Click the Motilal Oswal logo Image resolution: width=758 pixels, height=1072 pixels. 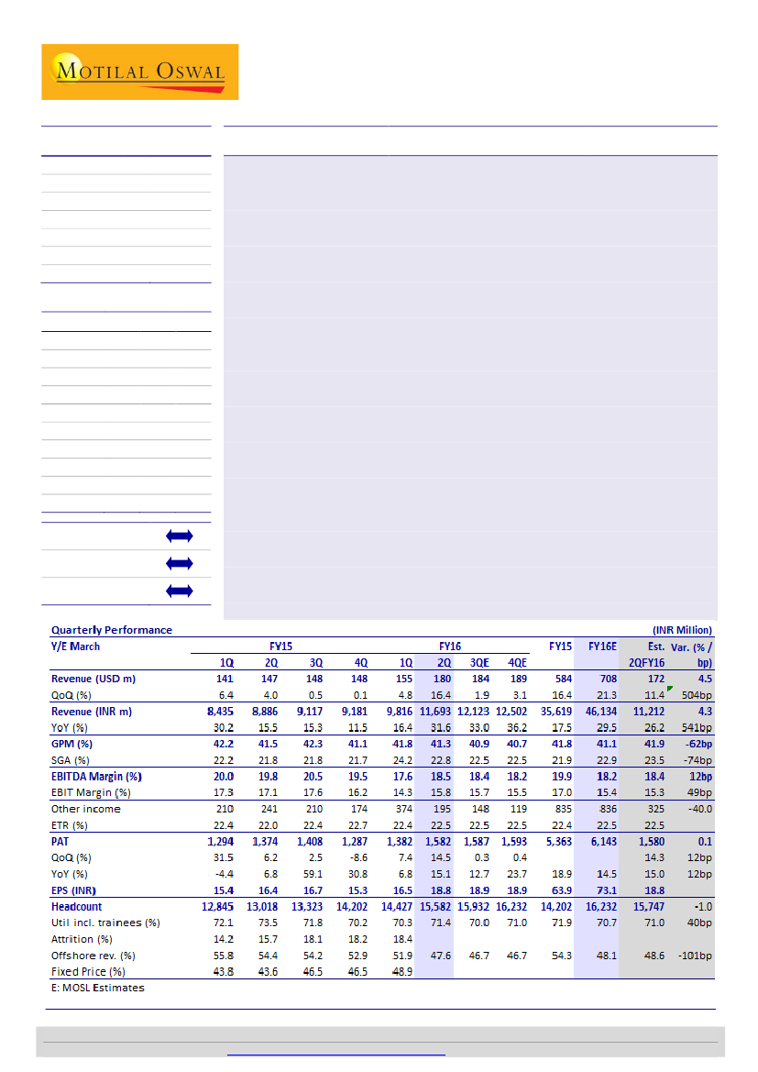[x=139, y=72]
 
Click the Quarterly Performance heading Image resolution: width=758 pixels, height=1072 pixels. [x=111, y=630]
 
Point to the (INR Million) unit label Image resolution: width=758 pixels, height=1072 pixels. [x=682, y=630]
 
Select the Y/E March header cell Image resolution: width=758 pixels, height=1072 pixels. [x=76, y=647]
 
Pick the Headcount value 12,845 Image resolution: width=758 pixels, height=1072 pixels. [x=216, y=906]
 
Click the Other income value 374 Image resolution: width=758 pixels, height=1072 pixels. [x=390, y=809]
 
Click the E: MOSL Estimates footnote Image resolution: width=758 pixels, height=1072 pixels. [x=97, y=988]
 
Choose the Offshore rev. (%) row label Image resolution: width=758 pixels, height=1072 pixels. [x=94, y=955]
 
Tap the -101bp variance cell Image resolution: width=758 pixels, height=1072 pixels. [x=694, y=955]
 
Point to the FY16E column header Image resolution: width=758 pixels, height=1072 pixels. [x=602, y=647]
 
